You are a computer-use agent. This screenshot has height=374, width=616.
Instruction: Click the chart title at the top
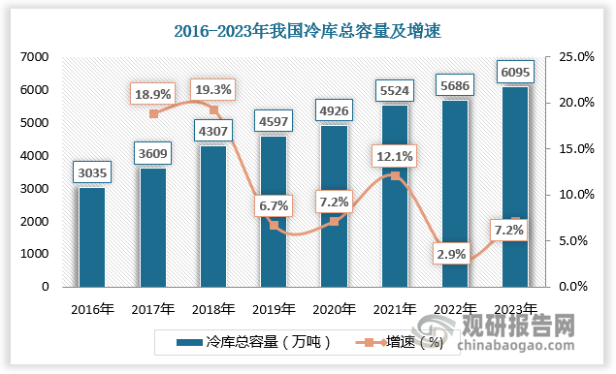pos(307,31)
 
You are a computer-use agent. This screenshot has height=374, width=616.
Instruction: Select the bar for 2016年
pos(92,237)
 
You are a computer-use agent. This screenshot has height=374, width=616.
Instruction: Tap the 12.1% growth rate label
pos(391,155)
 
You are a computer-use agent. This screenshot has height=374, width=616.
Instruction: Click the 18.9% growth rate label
pos(153,94)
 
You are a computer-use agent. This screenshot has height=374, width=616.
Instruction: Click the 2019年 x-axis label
pos(274,309)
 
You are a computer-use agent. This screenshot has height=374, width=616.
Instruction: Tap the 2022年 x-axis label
pos(454,309)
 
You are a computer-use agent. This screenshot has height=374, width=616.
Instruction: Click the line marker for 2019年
pos(274,226)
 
